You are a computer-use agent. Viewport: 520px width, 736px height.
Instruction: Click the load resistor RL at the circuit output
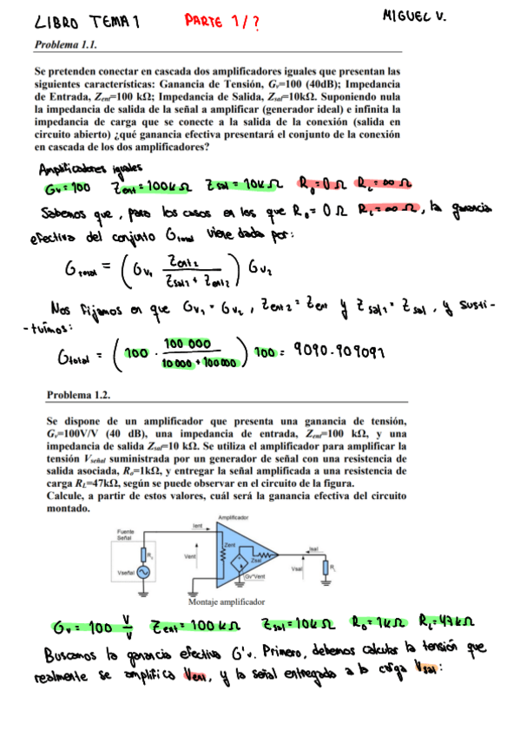326,567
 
